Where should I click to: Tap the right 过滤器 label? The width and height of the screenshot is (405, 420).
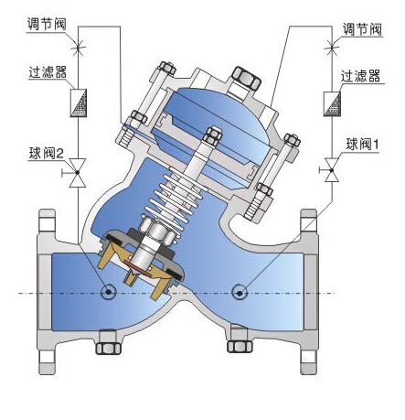(x=361, y=77)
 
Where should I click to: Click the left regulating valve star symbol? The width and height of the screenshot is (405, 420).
(x=78, y=43)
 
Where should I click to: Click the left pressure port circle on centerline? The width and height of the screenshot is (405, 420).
(x=109, y=292)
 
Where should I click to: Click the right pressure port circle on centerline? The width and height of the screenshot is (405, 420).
(x=240, y=292)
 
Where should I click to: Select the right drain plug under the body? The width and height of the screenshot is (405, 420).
(x=240, y=347)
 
